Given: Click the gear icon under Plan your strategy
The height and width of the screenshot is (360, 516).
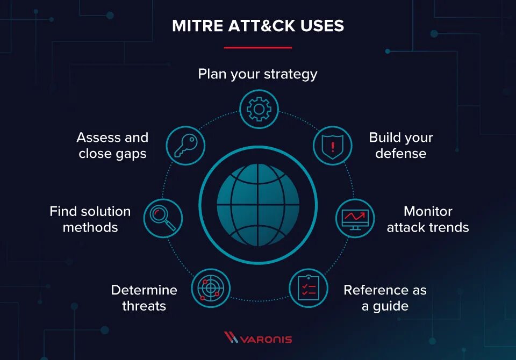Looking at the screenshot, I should (x=259, y=109).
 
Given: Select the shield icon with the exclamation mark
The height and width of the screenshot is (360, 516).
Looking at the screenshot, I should (x=332, y=145).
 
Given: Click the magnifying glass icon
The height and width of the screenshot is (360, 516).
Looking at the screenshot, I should (x=163, y=218).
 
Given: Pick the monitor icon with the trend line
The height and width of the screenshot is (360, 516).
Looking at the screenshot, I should (x=355, y=219).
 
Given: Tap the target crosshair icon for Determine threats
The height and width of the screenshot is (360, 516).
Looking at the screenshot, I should (x=210, y=288).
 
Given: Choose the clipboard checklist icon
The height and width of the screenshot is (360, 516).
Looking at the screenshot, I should (x=309, y=288).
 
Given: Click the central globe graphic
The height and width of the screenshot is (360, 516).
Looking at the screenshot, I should (x=258, y=205).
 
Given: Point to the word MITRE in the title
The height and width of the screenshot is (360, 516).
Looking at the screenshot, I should (x=195, y=26).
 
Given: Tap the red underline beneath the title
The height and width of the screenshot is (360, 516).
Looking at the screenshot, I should (x=257, y=47).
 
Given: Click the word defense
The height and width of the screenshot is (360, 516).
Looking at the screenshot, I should (x=400, y=154).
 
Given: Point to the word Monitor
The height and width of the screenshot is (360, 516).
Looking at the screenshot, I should (x=428, y=211).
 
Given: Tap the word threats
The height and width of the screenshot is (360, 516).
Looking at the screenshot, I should (x=144, y=307).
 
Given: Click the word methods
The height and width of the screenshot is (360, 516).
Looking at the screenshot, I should (x=90, y=227).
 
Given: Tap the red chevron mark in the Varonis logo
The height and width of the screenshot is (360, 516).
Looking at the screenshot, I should (x=231, y=338).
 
